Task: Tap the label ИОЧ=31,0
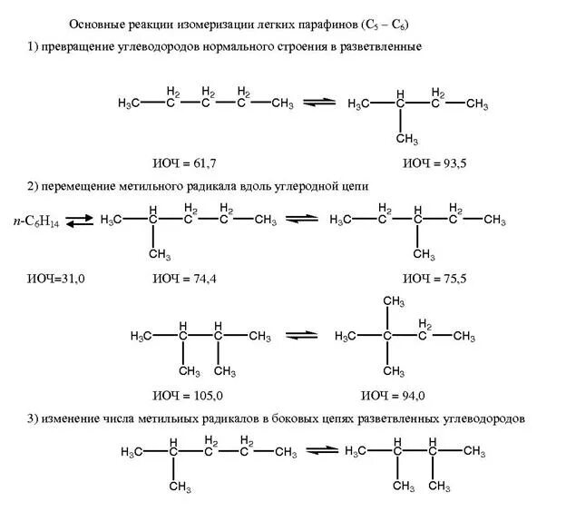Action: point(55,277)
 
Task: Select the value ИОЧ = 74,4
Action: point(185,277)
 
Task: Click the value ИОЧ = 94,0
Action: point(394,395)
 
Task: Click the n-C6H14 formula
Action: point(37,220)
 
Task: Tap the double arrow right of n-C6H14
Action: point(80,221)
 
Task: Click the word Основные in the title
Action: point(97,22)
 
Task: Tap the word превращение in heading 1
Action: point(84,46)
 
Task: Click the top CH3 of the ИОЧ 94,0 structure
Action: point(392,301)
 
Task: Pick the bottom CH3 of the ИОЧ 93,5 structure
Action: point(406,138)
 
